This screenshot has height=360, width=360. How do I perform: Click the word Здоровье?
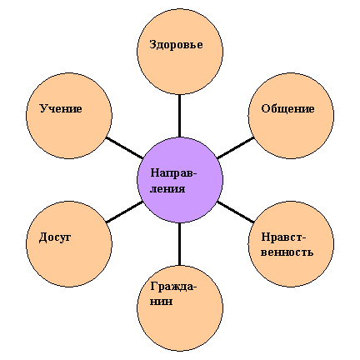(176, 45)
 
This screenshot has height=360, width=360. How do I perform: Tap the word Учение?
(61, 108)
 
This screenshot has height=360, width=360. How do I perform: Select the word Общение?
(287, 108)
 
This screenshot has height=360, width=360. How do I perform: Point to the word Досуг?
(55, 237)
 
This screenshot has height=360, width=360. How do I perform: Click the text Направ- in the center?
(173, 173)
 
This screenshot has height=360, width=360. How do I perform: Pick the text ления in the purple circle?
(167, 189)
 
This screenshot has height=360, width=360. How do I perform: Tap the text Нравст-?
(283, 237)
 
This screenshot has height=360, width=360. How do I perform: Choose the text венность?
(287, 252)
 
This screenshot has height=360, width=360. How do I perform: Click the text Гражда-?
(173, 287)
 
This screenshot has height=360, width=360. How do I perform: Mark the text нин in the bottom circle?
(161, 302)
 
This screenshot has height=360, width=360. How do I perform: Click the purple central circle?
(180, 180)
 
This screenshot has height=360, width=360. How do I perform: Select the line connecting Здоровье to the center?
(179, 116)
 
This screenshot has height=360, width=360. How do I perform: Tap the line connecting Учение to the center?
(124, 147)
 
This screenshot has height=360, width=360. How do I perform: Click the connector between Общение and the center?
(236, 147)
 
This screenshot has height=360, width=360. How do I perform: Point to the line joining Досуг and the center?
(124, 212)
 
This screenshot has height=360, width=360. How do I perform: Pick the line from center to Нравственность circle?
(236, 212)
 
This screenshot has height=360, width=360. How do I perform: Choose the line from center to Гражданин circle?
(179, 244)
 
